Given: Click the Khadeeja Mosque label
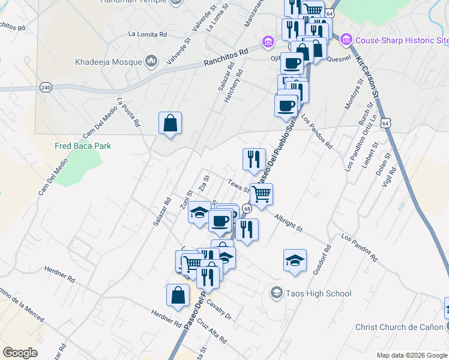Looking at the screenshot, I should click(x=109, y=62).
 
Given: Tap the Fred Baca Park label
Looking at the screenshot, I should click(x=83, y=146).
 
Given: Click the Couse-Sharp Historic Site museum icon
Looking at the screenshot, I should click(x=346, y=41).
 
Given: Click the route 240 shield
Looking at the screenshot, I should click(x=46, y=88).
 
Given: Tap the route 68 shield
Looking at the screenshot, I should click(x=247, y=208).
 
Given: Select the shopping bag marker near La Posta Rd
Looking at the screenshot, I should click(x=170, y=124).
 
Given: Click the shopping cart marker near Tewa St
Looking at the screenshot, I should click(x=261, y=195).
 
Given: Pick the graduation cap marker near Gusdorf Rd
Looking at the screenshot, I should click(x=295, y=260).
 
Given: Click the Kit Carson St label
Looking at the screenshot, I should click(x=367, y=78).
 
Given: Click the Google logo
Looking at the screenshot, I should click(x=20, y=353).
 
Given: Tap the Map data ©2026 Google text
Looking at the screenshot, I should click(x=411, y=355).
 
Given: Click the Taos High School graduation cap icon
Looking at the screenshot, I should click(x=276, y=293).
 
